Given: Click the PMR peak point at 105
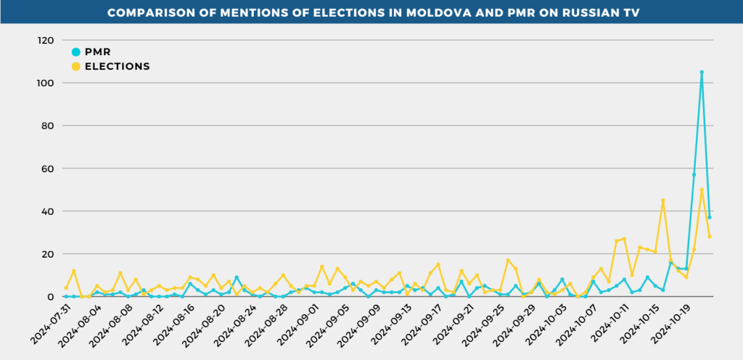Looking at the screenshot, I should click(702, 73).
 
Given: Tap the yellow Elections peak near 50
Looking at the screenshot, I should click(702, 190).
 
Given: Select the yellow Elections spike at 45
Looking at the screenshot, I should click(662, 200).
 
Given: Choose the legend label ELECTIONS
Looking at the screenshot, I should click(117, 66).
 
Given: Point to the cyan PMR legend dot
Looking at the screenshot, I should click(76, 52).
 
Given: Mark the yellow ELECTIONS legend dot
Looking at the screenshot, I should click(76, 66).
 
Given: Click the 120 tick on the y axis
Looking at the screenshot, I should click(45, 41).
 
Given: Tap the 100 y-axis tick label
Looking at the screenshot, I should click(45, 83).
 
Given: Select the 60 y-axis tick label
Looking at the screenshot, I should click(47, 168).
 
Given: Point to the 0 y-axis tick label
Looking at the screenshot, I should click(51, 297).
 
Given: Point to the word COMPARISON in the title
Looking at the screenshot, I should click(149, 13).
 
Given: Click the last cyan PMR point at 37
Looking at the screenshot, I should click(710, 218).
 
